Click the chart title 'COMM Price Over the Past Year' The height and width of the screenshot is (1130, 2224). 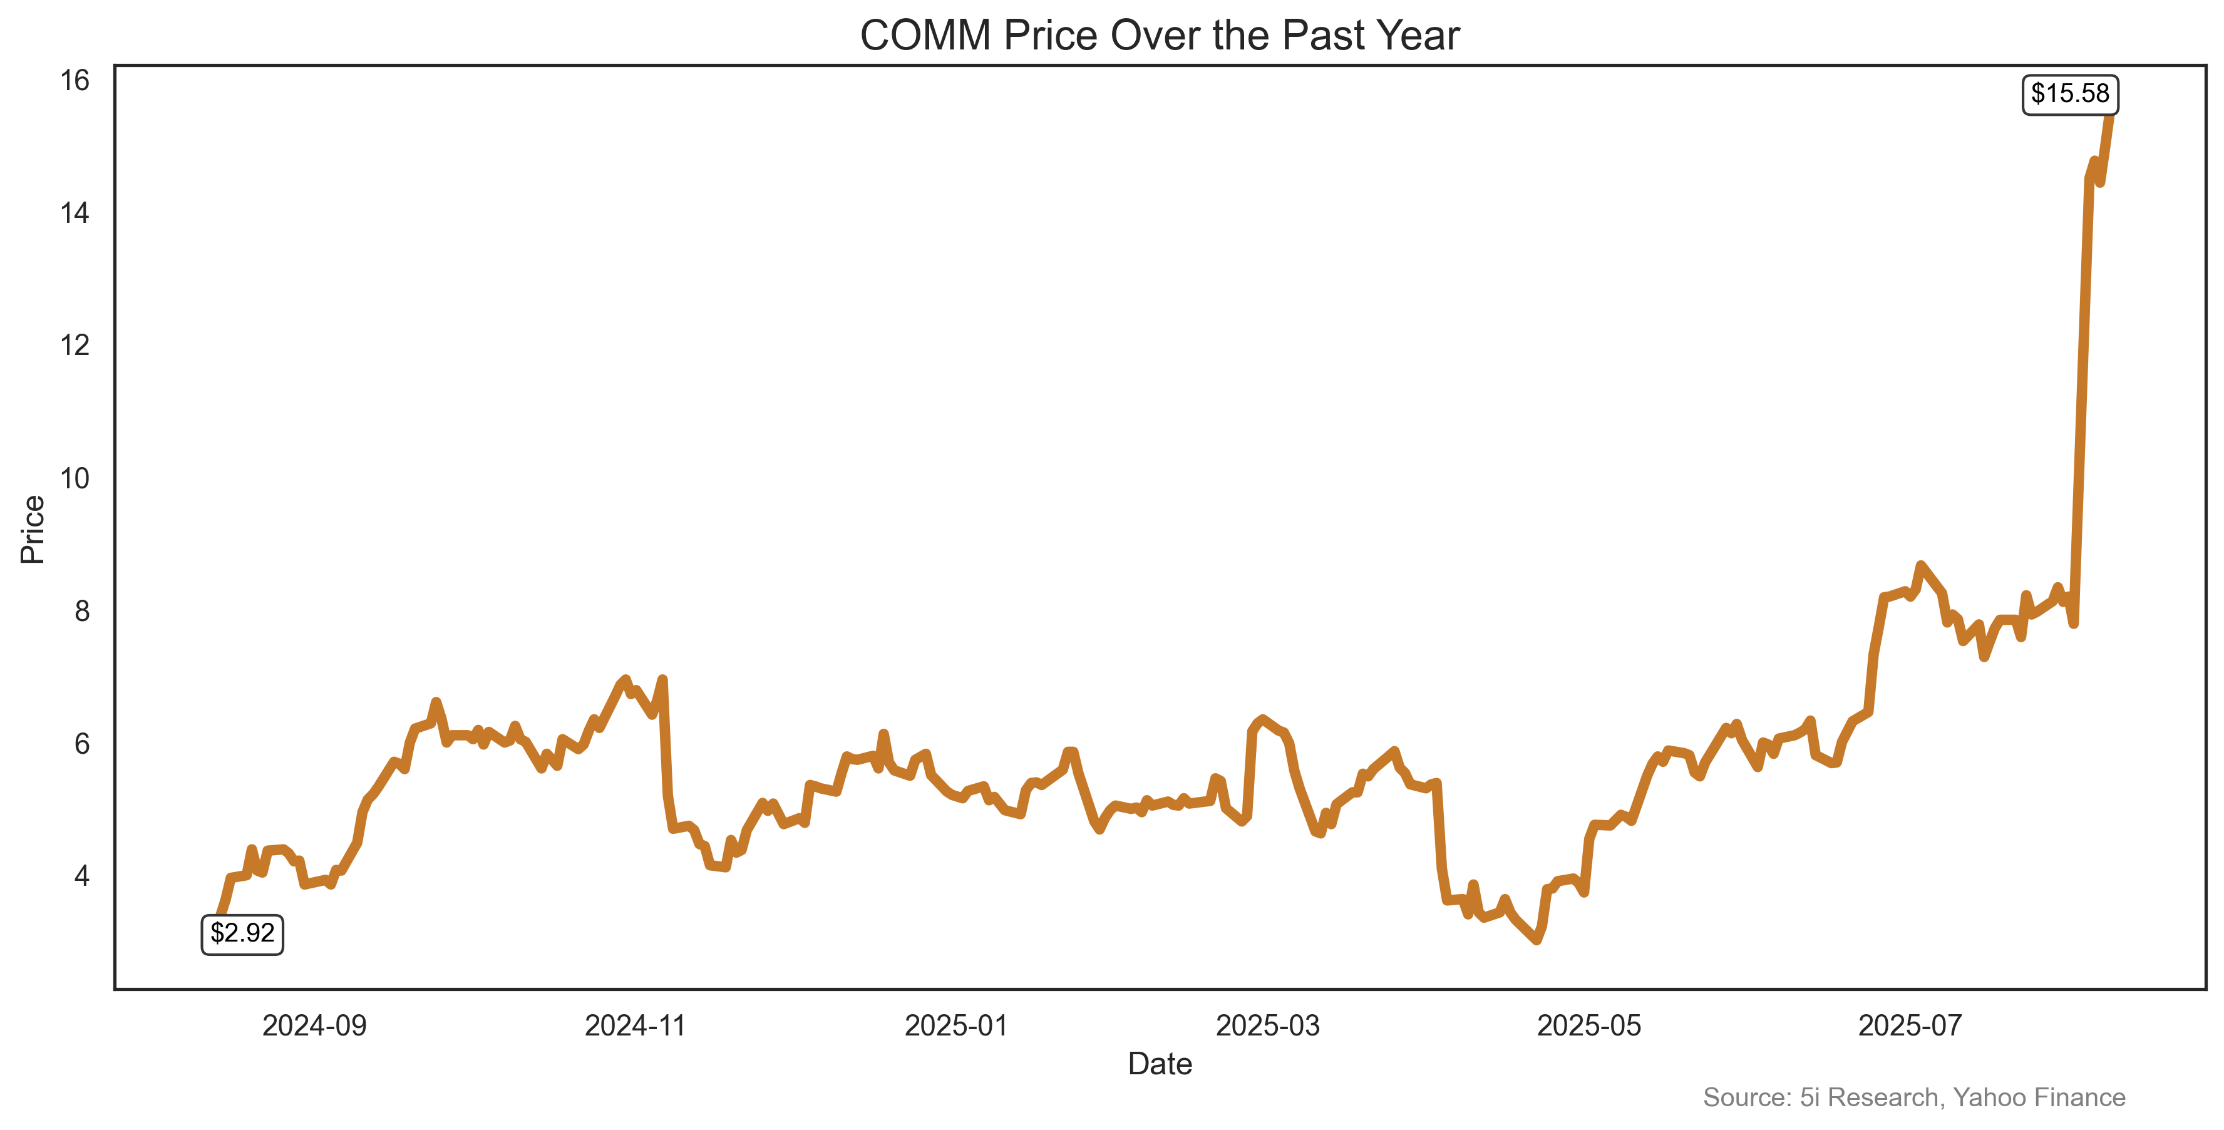click(1160, 36)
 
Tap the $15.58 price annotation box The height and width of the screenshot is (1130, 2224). click(2069, 94)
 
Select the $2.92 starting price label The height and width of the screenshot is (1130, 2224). click(242, 934)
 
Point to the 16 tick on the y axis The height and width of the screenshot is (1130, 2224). click(75, 81)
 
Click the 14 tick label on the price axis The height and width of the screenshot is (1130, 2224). click(75, 213)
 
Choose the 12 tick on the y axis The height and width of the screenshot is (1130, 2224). click(75, 346)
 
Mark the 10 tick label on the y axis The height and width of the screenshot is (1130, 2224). click(75, 478)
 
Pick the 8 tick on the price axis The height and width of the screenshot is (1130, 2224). click(81, 611)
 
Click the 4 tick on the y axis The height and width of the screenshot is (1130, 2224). click(81, 876)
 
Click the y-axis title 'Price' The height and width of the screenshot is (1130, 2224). click(33, 529)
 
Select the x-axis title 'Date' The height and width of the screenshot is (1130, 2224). click(1160, 1064)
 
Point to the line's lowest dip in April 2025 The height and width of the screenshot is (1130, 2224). click(1536, 939)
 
